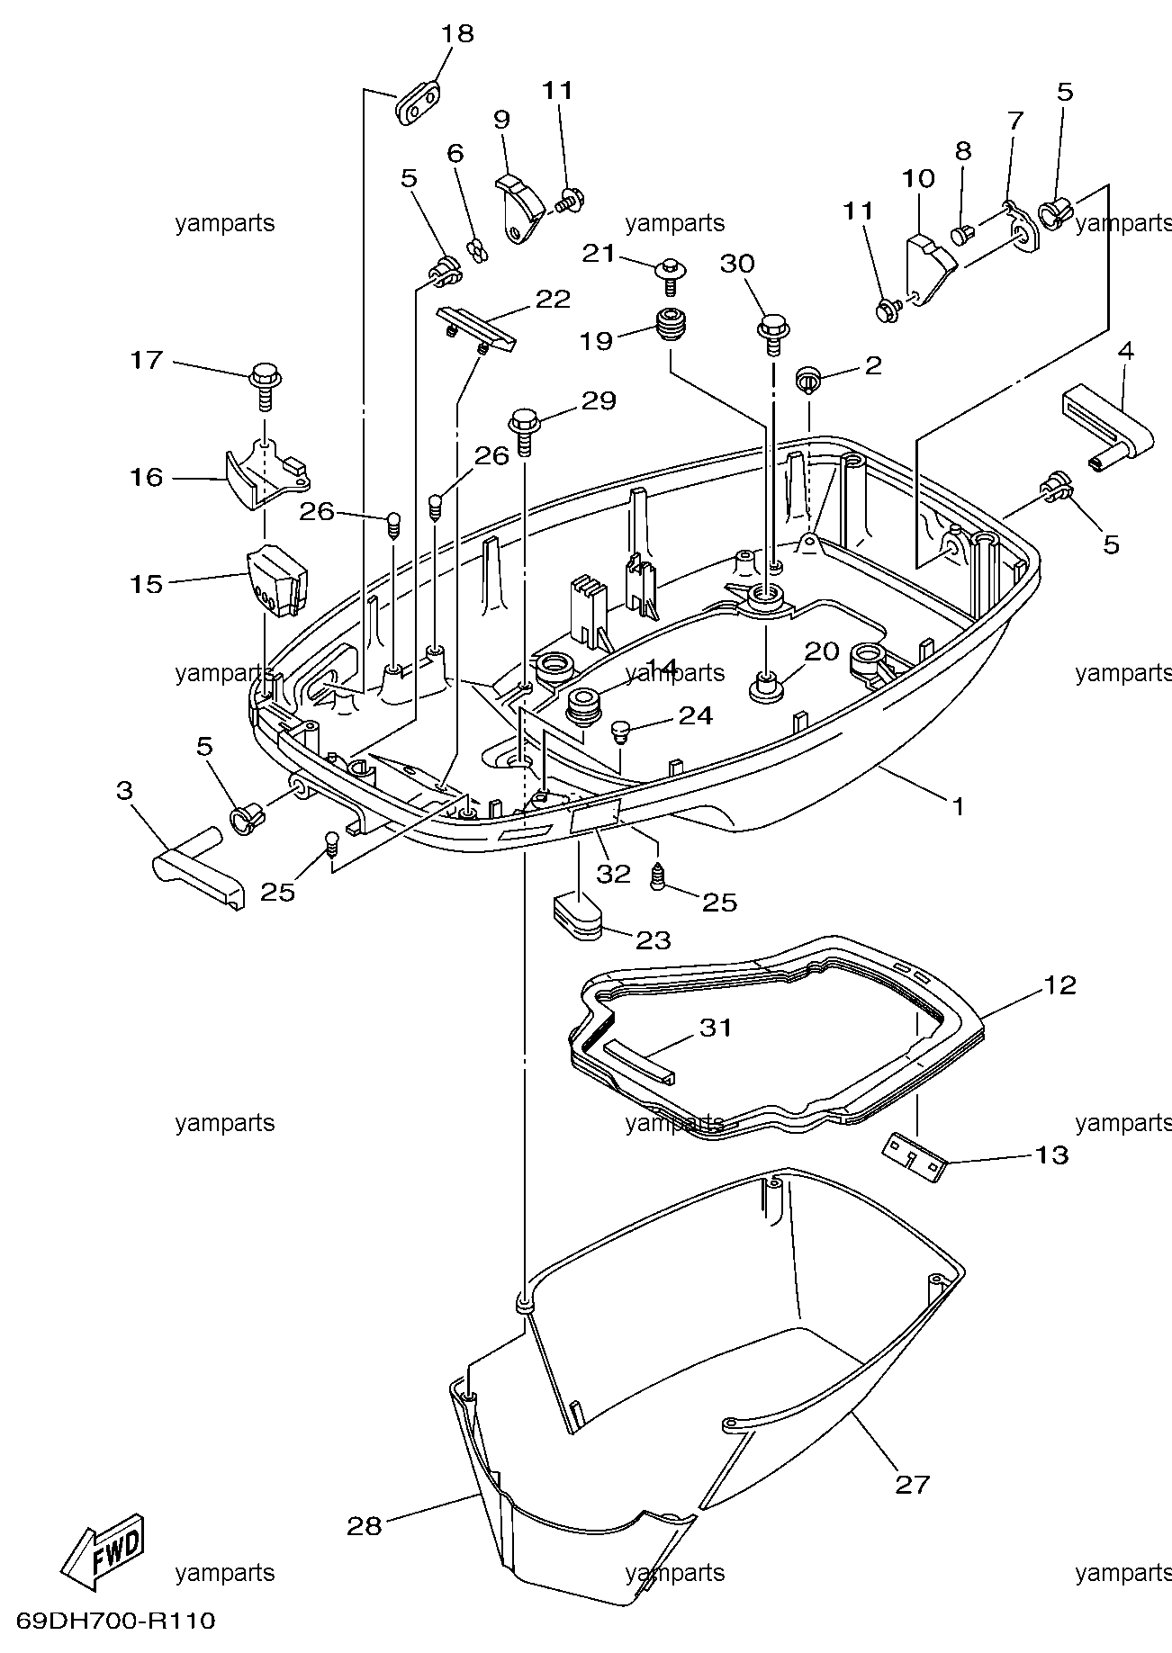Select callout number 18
457,34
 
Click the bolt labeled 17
265,382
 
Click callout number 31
717,1027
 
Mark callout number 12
1059,985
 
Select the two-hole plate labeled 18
419,103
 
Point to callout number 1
959,806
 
